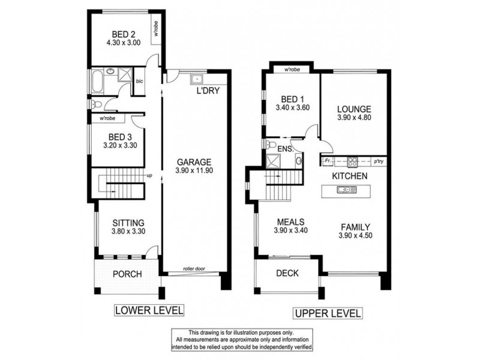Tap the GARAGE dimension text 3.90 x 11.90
[193, 170]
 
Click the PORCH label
[127, 274]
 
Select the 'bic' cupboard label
[140, 81]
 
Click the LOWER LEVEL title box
[149, 310]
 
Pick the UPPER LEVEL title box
[327, 313]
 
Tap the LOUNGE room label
[353, 110]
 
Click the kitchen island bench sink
[343, 190]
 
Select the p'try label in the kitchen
[379, 161]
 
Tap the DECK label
[287, 274]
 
